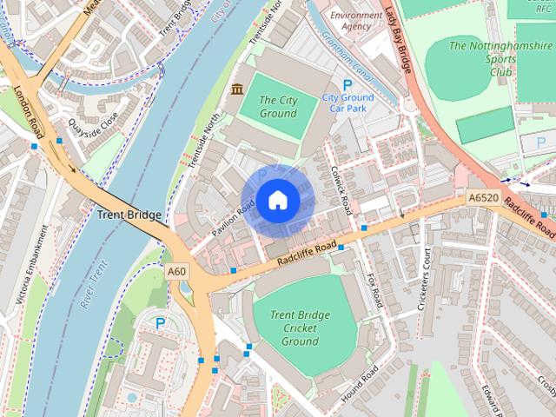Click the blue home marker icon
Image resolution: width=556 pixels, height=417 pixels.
click(x=277, y=201)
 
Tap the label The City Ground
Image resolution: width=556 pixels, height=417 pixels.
click(x=278, y=107)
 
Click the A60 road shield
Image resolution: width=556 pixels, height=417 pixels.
click(x=177, y=272)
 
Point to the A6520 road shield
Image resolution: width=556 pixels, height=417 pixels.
click(x=482, y=198)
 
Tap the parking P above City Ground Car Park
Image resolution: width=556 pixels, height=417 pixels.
click(x=347, y=84)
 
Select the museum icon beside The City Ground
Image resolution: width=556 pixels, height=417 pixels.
click(x=236, y=89)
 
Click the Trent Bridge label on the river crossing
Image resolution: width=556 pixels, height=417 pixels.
click(x=129, y=214)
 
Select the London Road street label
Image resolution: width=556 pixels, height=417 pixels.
click(x=27, y=110)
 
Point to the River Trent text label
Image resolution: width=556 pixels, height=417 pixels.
click(x=94, y=284)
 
